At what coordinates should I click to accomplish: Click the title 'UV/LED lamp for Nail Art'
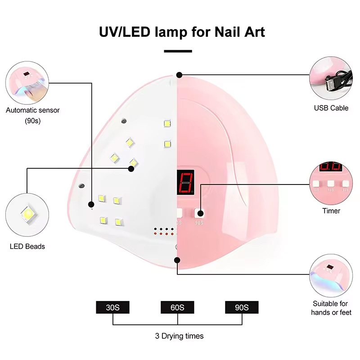182,32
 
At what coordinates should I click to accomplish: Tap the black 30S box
112,308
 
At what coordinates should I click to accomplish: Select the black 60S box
177,308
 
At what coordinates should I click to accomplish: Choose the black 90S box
242,308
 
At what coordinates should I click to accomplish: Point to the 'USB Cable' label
331,108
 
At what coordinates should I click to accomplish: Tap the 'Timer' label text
331,211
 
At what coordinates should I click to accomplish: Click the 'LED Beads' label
27,246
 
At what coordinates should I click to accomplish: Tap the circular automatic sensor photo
27,80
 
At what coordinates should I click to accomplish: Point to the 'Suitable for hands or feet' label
331,308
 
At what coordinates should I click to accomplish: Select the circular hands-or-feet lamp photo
331,275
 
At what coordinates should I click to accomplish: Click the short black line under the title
178,51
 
